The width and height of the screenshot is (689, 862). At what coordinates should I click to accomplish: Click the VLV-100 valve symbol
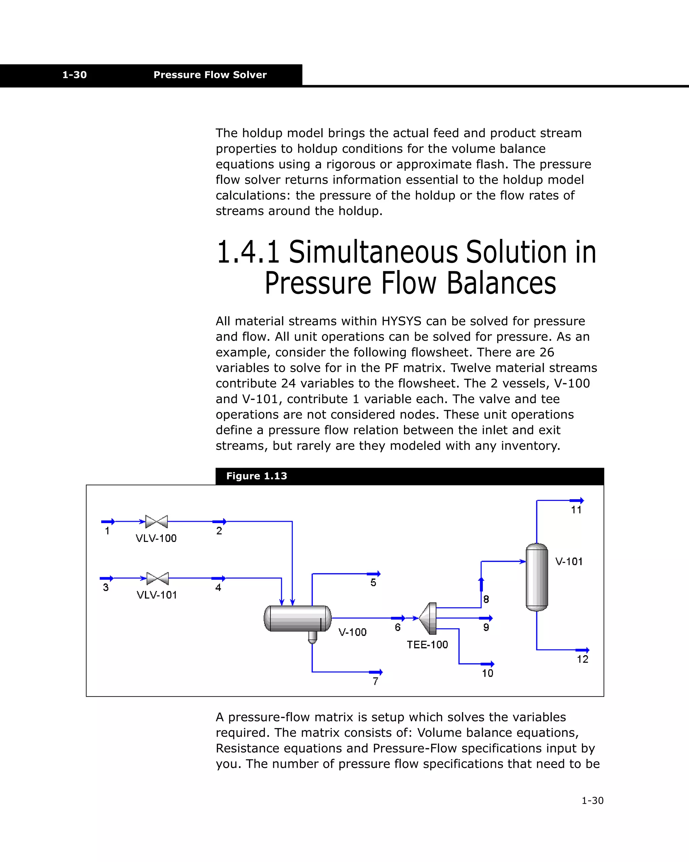[156, 521]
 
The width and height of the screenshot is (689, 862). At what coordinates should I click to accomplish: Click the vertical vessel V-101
[537, 577]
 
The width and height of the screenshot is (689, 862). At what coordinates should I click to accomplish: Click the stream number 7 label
[375, 681]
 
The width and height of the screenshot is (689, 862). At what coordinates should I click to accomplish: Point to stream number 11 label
[576, 510]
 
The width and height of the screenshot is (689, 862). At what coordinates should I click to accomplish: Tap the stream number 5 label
[373, 583]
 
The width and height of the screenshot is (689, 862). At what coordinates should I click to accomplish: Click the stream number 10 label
[487, 673]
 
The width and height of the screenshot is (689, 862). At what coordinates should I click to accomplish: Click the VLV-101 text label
[156, 595]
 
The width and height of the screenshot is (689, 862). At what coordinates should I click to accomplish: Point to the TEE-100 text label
[427, 644]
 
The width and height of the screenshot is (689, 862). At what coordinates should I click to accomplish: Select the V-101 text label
[569, 561]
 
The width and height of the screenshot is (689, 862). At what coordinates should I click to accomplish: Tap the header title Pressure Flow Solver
[210, 75]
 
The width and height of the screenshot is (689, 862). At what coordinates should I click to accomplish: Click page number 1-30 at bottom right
[592, 800]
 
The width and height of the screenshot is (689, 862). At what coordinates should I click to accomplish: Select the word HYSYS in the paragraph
[401, 321]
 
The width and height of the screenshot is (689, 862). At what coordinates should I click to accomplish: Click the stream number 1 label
[107, 531]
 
